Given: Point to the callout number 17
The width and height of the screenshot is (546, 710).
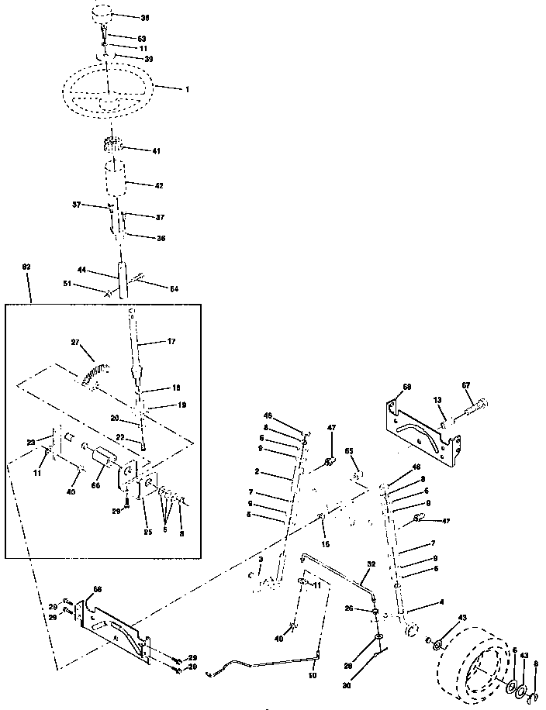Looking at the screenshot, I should (x=172, y=341).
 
